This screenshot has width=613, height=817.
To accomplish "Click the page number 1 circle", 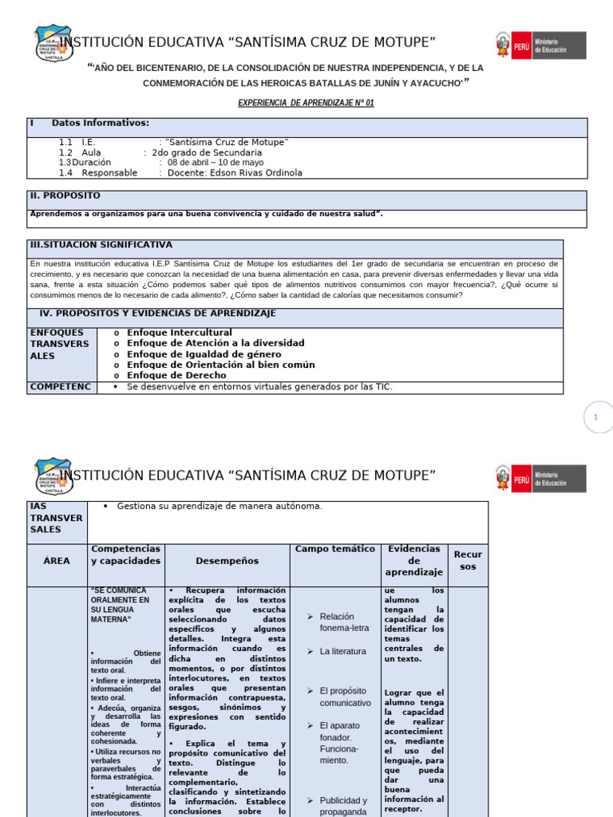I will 595,417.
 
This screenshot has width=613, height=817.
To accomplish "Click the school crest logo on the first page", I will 53,43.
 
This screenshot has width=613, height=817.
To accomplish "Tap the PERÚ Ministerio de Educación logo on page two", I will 540,479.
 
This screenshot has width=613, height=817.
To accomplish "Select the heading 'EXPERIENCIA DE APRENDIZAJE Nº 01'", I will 306,103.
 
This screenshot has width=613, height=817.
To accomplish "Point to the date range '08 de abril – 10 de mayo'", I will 218,162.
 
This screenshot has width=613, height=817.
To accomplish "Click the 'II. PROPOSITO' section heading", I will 65,195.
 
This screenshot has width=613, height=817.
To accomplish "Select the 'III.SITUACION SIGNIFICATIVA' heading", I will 101,245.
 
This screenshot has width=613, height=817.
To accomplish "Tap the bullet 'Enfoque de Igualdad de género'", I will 204,353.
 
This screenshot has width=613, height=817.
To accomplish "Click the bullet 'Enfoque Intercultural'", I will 180,332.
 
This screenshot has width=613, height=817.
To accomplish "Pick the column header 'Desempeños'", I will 227,561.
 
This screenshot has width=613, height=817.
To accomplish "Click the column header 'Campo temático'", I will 334,549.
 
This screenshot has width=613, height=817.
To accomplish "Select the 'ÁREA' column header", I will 57,561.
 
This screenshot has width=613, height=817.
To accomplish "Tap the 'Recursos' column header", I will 468,560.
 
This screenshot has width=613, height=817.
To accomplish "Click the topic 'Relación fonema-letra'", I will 343,622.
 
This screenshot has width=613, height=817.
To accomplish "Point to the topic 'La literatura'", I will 343,651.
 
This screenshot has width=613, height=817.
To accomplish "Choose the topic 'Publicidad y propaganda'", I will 343,806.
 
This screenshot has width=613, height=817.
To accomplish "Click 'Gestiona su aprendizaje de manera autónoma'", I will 219,506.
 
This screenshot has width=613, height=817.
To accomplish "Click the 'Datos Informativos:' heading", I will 101,123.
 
